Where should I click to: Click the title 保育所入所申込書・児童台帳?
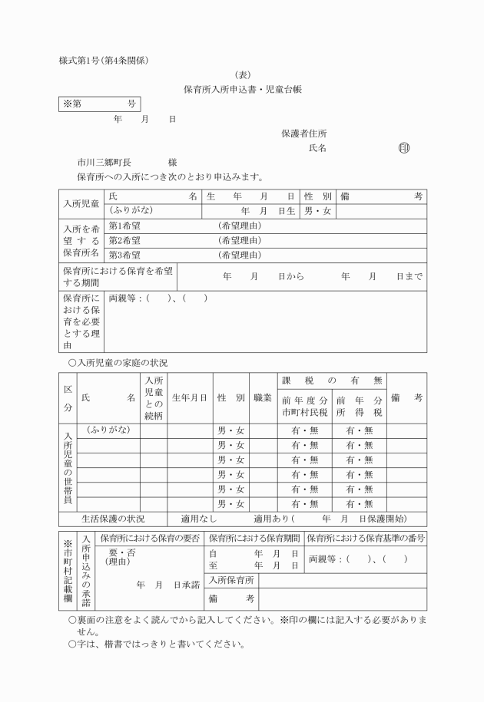coord(242,89)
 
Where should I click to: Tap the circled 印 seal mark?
coord(404,148)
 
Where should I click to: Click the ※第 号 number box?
coord(99,104)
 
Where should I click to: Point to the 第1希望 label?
coord(124,226)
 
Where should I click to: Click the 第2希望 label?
coord(124,240)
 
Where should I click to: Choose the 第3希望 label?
coord(124,255)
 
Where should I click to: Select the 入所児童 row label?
coord(81,203)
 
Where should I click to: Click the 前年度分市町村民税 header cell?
coord(304,406)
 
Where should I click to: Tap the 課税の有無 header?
coord(332,381)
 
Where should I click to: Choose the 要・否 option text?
coord(122,552)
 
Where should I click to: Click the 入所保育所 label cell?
coord(230,580)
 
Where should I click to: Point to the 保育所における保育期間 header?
coord(254,538)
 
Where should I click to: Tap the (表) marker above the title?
coord(242,74)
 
